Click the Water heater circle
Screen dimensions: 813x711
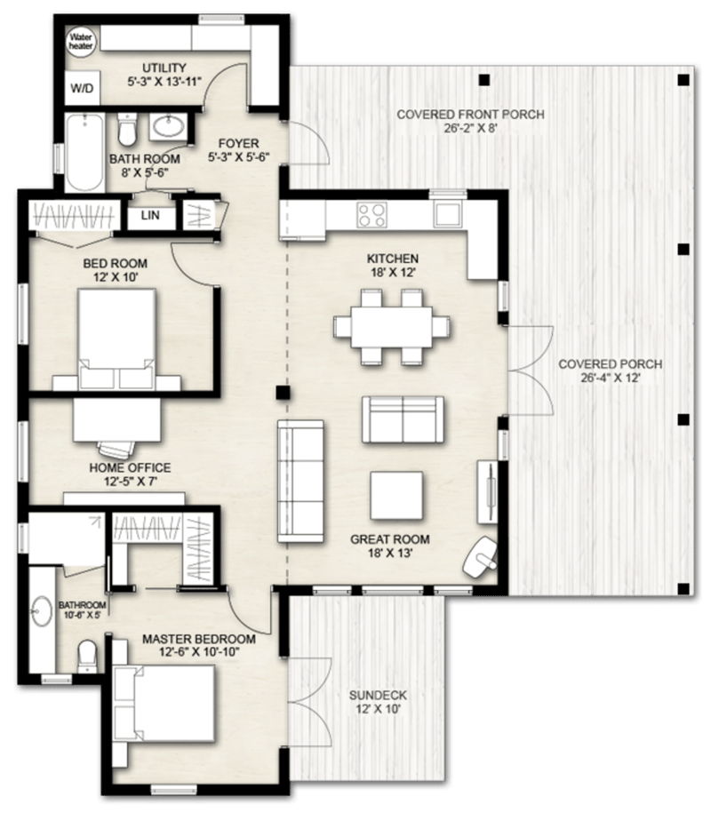(81, 42)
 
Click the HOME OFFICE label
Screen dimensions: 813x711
(128, 467)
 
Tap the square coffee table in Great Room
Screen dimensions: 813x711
(396, 496)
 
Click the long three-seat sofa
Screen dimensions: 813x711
(300, 480)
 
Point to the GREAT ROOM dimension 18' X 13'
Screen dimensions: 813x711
(389, 553)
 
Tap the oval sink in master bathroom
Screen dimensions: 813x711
(42, 612)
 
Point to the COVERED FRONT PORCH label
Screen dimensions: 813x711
(470, 115)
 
